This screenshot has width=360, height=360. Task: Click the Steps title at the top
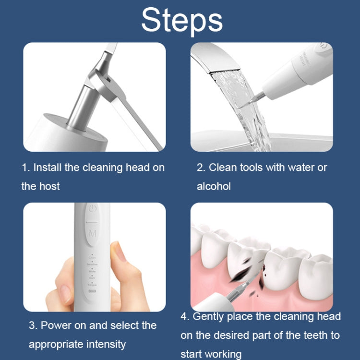182,20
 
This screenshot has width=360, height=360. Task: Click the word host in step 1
49,186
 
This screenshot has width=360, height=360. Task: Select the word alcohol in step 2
214,186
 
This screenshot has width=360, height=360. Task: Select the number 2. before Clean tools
201,168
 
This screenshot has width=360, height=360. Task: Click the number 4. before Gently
185,317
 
